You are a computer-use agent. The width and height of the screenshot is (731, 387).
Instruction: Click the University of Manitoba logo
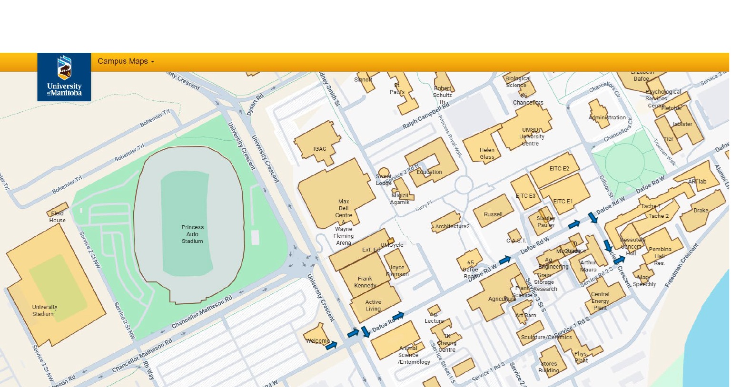tap(64, 77)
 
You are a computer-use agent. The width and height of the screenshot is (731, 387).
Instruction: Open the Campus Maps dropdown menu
tap(126, 61)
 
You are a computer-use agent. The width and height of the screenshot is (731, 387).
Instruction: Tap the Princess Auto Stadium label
tap(192, 234)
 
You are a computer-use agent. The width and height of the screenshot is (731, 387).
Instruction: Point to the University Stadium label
tap(44, 310)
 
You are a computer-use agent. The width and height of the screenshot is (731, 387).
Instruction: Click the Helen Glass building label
tap(487, 153)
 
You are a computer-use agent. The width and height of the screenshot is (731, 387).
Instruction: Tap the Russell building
tap(493, 214)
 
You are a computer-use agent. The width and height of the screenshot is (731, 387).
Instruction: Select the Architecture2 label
tap(452, 226)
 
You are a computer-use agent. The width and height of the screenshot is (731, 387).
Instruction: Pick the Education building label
tap(429, 172)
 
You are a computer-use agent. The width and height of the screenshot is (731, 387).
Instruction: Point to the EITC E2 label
tap(559, 168)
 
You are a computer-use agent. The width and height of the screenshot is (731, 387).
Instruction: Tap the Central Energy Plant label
tap(600, 301)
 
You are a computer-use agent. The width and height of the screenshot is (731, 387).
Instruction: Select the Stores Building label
tap(549, 367)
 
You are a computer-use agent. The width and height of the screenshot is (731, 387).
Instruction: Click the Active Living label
tap(373, 305)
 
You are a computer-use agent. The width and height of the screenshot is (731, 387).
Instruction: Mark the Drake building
tap(701, 210)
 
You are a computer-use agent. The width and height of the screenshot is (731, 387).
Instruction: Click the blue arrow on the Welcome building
tap(331, 346)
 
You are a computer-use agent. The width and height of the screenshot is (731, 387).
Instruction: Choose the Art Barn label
tap(526, 315)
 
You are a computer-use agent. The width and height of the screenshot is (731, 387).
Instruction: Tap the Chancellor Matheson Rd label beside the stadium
tap(202, 312)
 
